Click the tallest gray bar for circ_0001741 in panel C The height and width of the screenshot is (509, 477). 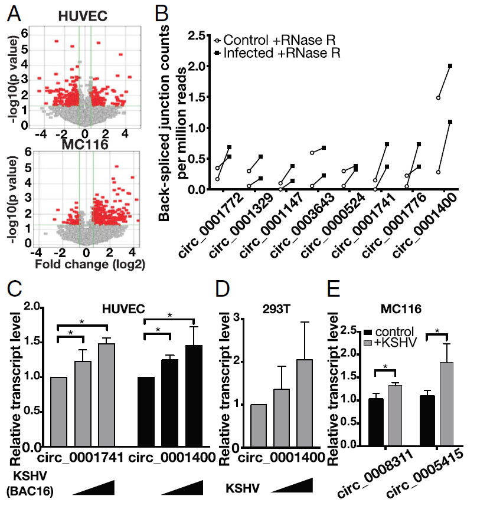[106, 395]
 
